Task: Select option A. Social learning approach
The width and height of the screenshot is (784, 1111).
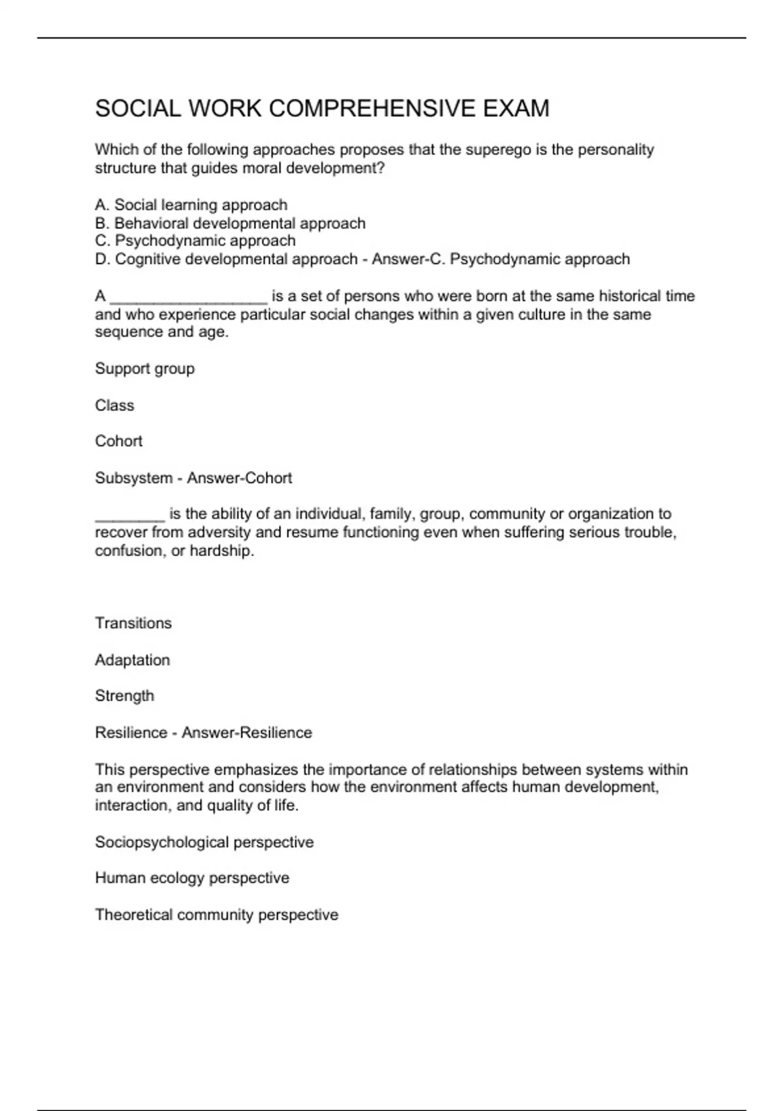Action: tap(191, 205)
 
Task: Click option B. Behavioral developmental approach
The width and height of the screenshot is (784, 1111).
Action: tap(230, 224)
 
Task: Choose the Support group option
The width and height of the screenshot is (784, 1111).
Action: tap(144, 369)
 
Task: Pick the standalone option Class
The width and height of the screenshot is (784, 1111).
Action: tap(114, 405)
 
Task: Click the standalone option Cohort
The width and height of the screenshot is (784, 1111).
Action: tap(118, 441)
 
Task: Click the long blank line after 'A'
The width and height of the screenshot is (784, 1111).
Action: tap(188, 297)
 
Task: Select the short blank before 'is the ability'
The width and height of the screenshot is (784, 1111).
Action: tap(129, 515)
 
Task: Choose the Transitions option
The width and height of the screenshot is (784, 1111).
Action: tap(133, 623)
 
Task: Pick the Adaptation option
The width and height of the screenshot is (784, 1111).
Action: tap(132, 660)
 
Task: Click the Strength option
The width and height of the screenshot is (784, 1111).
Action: tap(124, 695)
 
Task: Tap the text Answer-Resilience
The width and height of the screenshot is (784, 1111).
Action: tap(246, 733)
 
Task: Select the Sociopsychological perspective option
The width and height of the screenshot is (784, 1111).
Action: tap(204, 842)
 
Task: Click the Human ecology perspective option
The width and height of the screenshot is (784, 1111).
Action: tap(192, 878)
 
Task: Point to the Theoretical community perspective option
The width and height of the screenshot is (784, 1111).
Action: tap(216, 914)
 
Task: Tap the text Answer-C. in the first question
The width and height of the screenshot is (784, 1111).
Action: tap(408, 259)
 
